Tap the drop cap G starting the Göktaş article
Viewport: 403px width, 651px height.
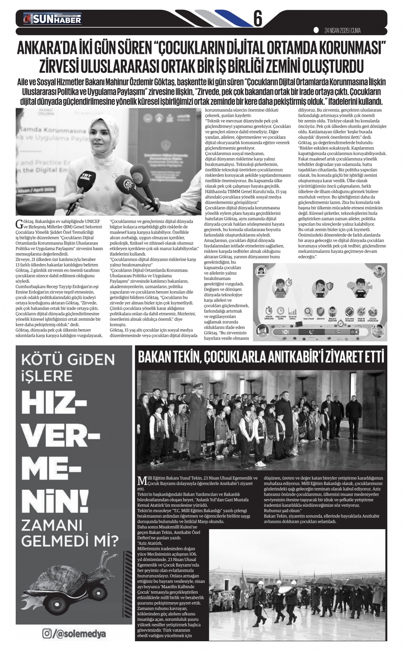(18, 223)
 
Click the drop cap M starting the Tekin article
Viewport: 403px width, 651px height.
(142, 481)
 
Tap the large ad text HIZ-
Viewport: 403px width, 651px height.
(51, 401)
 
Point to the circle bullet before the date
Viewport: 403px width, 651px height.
(316, 30)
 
